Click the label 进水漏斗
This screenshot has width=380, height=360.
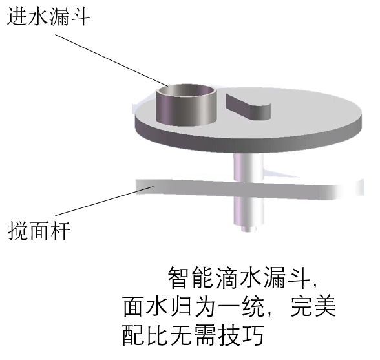[x=48, y=17]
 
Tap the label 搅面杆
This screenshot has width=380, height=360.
[x=39, y=231]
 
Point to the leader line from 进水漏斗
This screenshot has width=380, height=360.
[x=111, y=60]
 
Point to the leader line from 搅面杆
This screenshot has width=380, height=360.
[x=105, y=201]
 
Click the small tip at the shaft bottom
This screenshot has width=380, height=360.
[x=248, y=229]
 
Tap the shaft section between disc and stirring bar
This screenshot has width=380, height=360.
[x=248, y=167]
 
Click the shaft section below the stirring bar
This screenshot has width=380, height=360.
[x=248, y=211]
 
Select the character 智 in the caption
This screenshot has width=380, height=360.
[x=179, y=277]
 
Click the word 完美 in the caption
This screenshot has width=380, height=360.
[x=313, y=306]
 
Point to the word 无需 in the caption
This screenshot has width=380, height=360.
[x=193, y=335]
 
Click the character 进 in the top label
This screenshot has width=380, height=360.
[x=17, y=17]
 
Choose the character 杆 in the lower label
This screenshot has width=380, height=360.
[x=60, y=231]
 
